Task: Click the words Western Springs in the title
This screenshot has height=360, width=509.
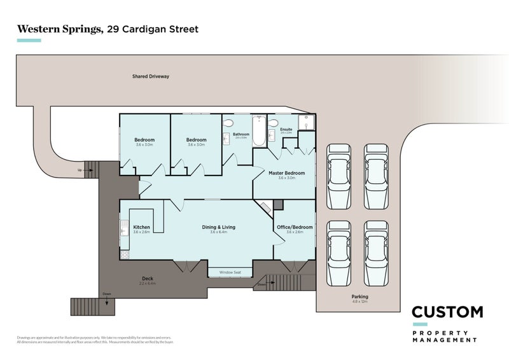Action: click(x=56, y=29)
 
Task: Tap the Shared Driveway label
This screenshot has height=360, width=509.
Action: click(x=151, y=76)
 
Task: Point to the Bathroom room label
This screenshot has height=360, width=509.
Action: click(x=241, y=134)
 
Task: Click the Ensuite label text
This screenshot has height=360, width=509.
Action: click(x=286, y=129)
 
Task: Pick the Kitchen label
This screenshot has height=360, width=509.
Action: click(x=141, y=227)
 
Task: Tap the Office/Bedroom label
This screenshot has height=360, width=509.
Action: click(x=295, y=227)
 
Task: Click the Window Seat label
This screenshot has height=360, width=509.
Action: click(x=230, y=272)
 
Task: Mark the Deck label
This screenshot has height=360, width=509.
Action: click(x=147, y=279)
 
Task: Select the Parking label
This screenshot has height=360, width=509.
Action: click(x=359, y=296)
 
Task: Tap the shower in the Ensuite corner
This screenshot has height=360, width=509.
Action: click(x=307, y=122)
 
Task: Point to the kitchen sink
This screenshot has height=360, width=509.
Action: click(x=125, y=228)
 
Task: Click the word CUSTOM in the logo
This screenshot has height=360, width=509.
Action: click(x=447, y=312)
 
